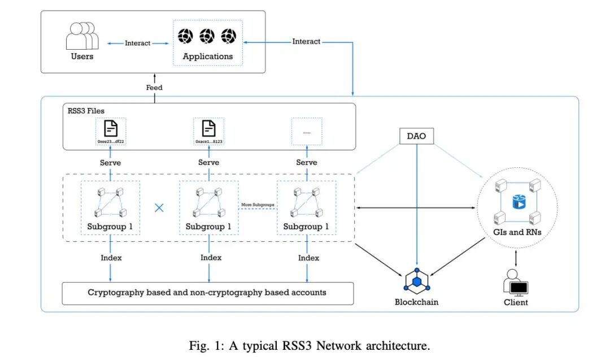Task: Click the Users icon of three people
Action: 82,37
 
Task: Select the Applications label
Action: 207,57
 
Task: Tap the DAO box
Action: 417,136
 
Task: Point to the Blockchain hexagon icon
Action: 417,281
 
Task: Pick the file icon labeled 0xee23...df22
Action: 111,128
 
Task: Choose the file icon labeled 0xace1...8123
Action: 208,128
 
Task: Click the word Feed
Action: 154,88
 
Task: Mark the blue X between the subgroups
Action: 159,208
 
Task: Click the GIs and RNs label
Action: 517,232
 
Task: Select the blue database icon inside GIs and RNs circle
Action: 517,202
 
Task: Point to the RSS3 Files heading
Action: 86,111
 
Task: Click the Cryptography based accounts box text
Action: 207,292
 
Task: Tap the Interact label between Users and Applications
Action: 138,43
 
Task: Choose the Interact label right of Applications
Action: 306,41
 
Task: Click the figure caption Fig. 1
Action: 306,344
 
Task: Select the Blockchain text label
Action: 416,302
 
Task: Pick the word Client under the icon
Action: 515,302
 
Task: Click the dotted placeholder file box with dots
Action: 307,131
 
